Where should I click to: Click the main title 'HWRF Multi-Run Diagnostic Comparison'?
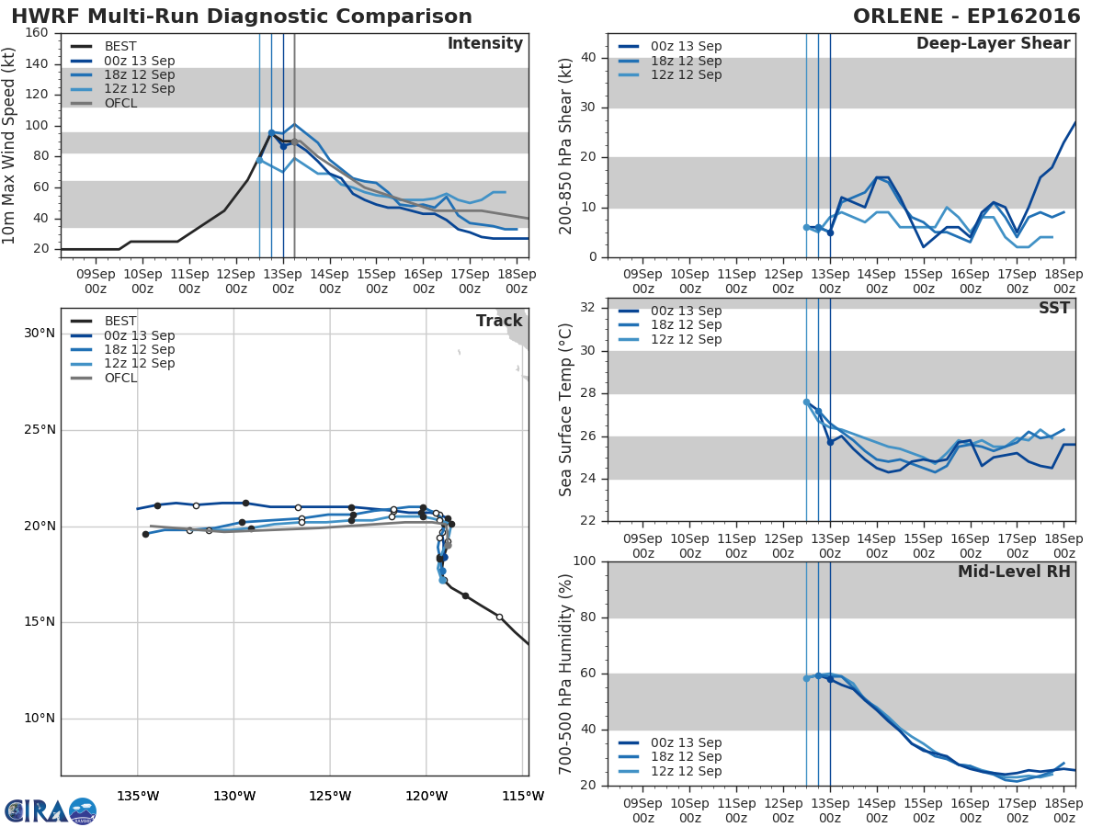tap(242, 17)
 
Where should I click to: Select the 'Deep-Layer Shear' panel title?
tap(993, 44)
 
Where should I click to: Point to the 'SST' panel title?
tap(1053, 308)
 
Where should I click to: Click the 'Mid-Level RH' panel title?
tap(1014, 572)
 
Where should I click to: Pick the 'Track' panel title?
tap(499, 321)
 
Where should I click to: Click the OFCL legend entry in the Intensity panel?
tap(120, 103)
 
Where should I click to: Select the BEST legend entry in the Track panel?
tap(120, 322)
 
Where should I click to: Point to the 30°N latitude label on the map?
tap(40, 333)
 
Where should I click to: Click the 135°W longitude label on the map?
tap(138, 796)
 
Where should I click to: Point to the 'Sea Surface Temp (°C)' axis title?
tap(566, 410)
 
